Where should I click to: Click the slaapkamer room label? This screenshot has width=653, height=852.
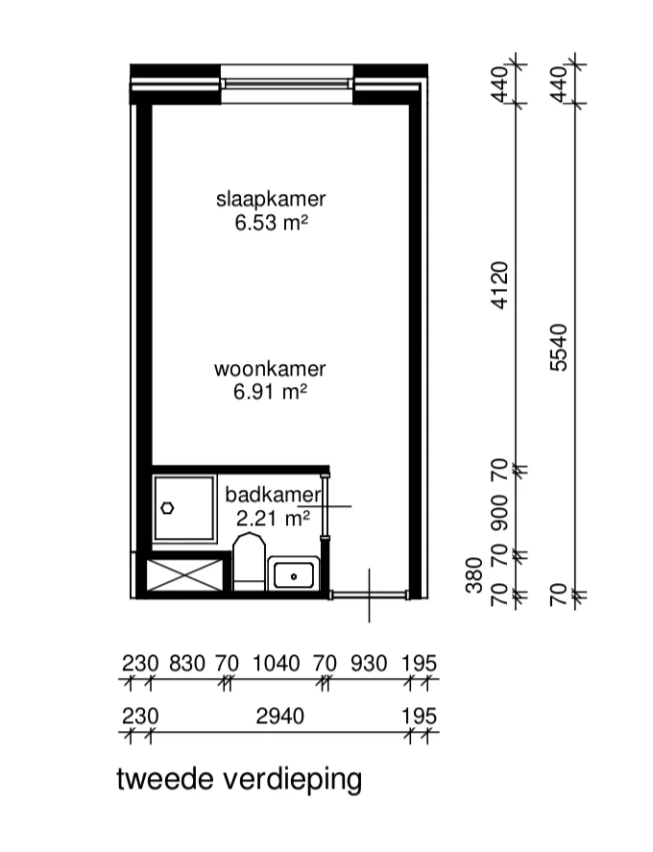coord(271,200)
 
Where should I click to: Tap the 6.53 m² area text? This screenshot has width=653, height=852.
coord(271,223)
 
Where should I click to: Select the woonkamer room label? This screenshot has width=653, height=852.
coord(270,369)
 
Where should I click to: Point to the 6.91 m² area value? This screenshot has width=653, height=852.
coord(270,392)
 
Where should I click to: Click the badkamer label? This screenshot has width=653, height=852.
coord(274,495)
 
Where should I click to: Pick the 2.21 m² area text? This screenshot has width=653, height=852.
coord(273,519)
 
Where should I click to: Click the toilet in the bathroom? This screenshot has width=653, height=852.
coord(250,562)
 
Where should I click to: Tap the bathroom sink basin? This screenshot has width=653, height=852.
coord(293,574)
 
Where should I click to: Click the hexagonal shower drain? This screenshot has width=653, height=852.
coord(167,508)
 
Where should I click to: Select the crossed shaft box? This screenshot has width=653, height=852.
coord(185,574)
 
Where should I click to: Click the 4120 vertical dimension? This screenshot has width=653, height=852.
coord(499,285)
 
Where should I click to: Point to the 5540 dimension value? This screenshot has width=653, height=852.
coord(559,348)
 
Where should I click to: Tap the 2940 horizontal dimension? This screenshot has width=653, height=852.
coord(279,717)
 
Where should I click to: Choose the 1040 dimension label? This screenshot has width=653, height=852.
coord(277,664)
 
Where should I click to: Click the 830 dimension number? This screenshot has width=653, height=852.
coord(187,664)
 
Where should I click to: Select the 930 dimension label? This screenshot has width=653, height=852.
coord(369,664)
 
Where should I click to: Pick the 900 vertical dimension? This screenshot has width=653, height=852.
coord(499,512)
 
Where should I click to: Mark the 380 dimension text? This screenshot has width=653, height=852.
coord(474,574)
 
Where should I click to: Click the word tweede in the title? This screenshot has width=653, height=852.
coord(166,779)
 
